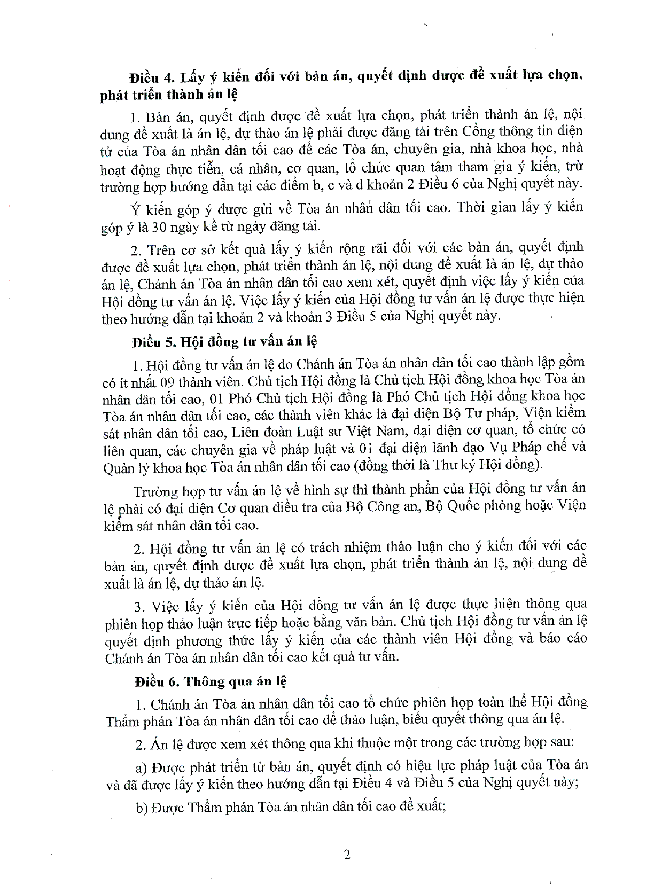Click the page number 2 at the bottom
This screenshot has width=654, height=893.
(347, 855)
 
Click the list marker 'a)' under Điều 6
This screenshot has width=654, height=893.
(141, 767)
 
